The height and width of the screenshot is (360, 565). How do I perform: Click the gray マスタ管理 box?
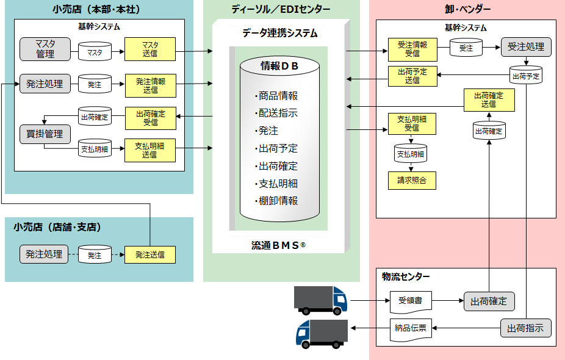(x=45, y=49)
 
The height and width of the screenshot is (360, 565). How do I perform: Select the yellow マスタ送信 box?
(x=150, y=49)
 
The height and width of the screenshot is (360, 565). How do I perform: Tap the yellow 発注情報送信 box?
(x=150, y=85)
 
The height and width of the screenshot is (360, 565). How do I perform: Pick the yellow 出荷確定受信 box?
(x=150, y=118)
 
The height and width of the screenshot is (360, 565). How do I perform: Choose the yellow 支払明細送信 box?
(x=150, y=150)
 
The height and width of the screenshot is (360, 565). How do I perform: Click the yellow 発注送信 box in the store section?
(x=150, y=254)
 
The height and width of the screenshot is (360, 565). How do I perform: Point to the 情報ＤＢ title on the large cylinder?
(x=279, y=67)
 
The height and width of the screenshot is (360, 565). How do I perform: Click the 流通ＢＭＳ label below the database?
(x=278, y=245)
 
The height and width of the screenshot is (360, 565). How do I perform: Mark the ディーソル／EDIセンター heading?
(x=281, y=9)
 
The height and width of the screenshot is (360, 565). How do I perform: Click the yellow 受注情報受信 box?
(x=412, y=49)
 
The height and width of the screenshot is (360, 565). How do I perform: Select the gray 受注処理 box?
(x=526, y=47)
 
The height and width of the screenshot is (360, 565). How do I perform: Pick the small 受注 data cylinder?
(x=466, y=48)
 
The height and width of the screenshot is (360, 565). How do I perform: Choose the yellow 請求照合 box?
(x=412, y=180)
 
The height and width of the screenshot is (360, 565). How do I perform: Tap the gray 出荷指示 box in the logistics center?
(x=526, y=328)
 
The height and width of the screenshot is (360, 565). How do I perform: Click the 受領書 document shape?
(x=411, y=301)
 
